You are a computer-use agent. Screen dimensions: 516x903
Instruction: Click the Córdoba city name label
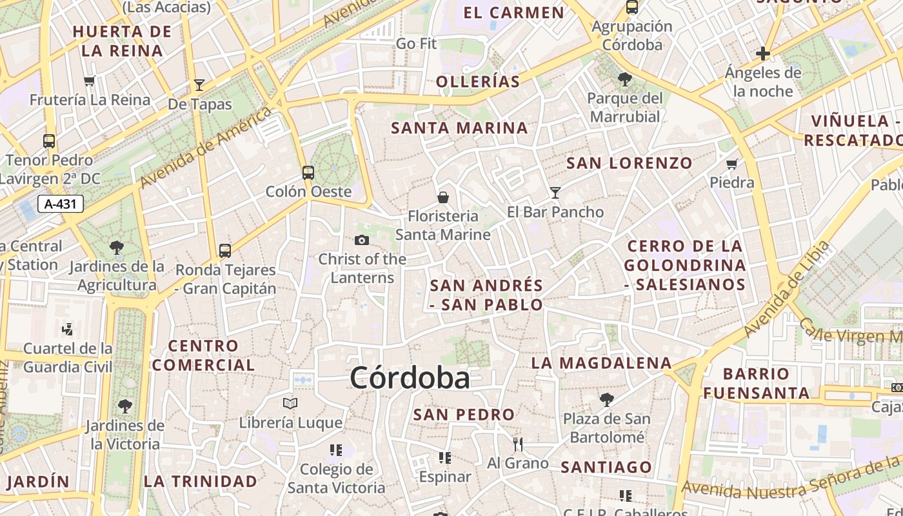coord(410,378)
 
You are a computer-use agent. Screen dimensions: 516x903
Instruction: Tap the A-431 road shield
coord(61,204)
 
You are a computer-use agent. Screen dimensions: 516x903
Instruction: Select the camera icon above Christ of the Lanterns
coord(362,241)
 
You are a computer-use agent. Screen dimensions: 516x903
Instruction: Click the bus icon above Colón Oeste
coord(308,173)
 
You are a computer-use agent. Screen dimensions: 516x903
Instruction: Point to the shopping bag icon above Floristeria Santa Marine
coord(443,197)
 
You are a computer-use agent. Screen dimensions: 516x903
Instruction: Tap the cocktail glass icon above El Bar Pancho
coord(555,193)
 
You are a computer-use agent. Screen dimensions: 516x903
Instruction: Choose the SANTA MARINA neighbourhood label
coord(460,128)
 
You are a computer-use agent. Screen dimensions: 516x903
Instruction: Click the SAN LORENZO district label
coord(629,163)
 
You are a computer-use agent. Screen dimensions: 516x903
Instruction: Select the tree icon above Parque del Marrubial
coord(624,79)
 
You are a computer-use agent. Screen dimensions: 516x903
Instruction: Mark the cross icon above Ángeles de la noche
coord(763,54)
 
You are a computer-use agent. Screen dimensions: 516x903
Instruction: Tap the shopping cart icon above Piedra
coord(732,164)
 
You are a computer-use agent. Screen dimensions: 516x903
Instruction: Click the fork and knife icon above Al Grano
coord(517,444)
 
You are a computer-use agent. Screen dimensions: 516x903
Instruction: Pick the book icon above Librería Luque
coord(290,404)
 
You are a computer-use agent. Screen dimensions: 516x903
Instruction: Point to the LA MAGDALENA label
coord(601,363)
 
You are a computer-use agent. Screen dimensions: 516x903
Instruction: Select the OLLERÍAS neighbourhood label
coord(478,81)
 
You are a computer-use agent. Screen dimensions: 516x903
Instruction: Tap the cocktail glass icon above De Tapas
coord(199,85)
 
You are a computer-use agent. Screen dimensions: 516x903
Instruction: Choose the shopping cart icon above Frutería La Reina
coord(90,81)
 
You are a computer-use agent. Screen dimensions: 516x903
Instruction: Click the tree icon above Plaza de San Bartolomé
coord(606,400)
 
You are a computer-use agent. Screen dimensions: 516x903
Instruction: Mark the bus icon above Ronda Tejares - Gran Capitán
coord(225,251)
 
